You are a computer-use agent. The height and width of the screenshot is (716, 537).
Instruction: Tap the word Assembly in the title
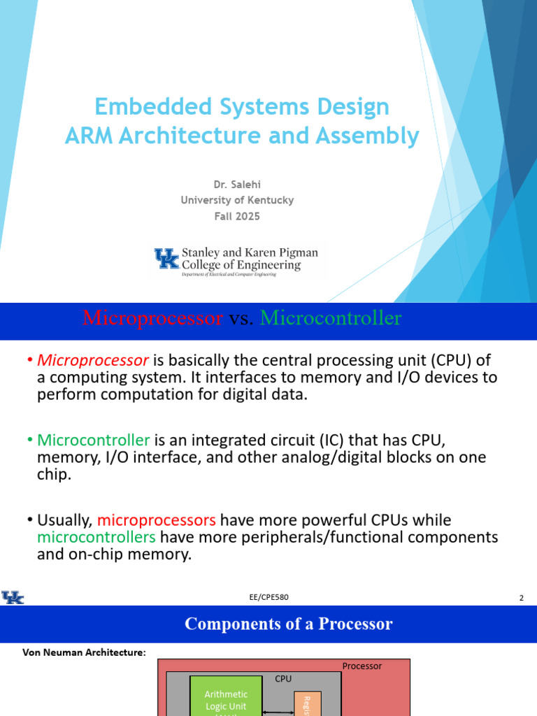(368, 136)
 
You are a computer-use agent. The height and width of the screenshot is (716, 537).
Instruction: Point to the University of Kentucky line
(237, 200)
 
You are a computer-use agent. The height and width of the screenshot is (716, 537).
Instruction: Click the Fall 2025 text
(237, 216)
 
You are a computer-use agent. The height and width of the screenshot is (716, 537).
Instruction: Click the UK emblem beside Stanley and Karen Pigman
(166, 259)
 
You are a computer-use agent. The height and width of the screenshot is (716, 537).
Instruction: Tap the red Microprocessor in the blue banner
(152, 318)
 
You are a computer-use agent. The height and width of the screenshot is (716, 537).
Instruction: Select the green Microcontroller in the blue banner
(331, 318)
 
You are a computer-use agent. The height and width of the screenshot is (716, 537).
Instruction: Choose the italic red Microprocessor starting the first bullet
(93, 360)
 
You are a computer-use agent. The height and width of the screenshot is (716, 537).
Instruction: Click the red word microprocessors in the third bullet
(158, 520)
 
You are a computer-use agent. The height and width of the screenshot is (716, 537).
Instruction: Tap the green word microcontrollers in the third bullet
(96, 537)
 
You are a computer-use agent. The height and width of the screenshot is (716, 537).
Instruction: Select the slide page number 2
(522, 598)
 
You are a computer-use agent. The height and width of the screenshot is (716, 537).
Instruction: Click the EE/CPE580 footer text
(269, 597)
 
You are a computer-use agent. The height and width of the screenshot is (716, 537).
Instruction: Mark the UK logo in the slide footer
(13, 597)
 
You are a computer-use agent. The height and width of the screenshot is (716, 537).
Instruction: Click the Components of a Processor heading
(288, 624)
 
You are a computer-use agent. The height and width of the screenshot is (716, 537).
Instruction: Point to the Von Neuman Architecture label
(80, 652)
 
